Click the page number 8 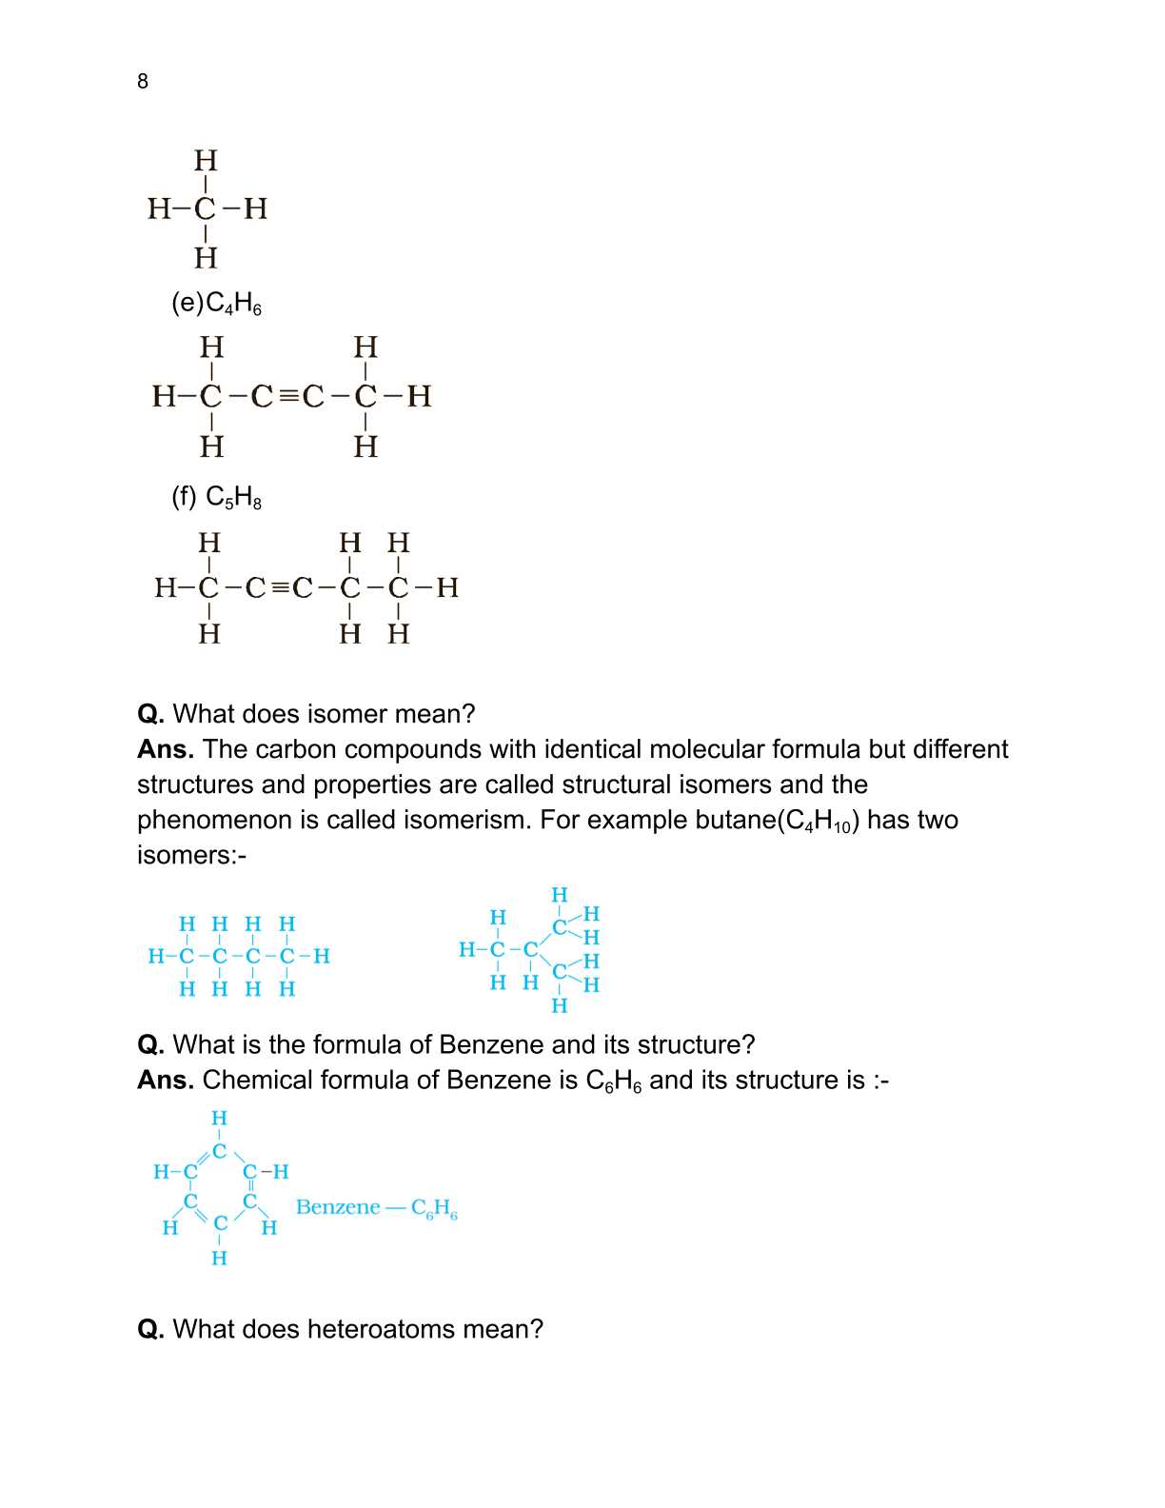pos(143,82)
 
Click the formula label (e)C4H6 pos(216,304)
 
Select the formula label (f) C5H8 pos(216,497)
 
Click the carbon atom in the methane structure pos(206,208)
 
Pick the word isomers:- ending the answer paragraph pos(191,855)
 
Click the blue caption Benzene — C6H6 pos(377,1208)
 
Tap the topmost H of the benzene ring pos(219,1118)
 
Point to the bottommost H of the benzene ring pos(219,1259)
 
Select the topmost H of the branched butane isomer pos(560,895)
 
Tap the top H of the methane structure pos(206,159)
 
